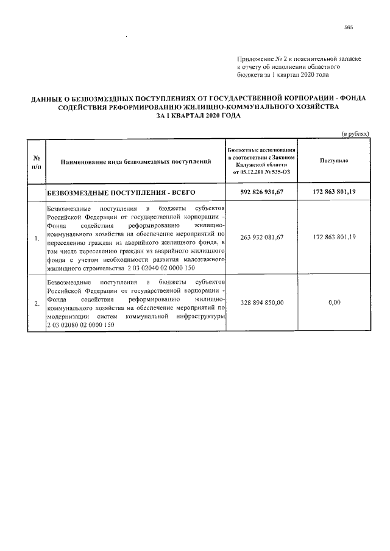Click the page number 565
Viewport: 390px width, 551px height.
coord(349,27)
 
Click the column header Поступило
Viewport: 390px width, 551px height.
coord(334,160)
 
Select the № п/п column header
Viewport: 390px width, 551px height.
coord(37,161)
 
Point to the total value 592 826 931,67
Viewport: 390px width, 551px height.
coord(263,192)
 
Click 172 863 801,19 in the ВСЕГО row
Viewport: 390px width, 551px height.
coord(334,192)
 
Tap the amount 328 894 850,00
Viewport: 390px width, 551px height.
coord(263,302)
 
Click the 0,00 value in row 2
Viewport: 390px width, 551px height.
coord(334,302)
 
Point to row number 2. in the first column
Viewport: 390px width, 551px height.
coord(37,303)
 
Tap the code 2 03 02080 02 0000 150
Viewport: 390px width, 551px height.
coord(80,325)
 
